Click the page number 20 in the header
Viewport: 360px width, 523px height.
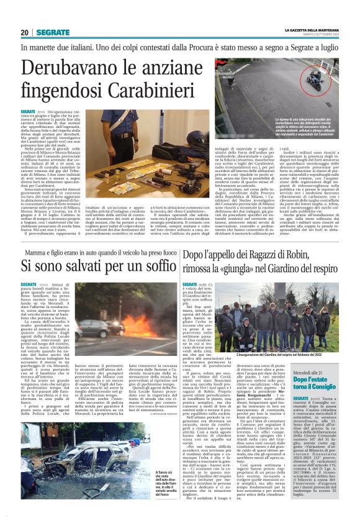24,32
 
